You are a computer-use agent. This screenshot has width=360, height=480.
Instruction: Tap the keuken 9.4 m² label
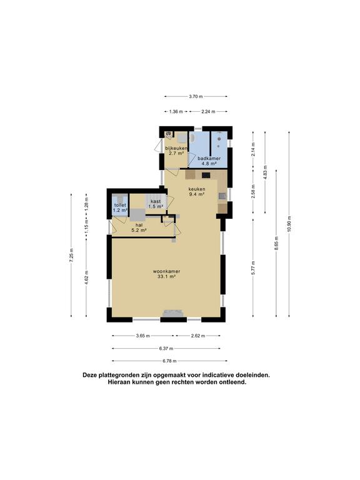click(197, 192)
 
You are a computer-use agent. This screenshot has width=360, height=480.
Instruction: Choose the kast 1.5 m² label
click(156, 204)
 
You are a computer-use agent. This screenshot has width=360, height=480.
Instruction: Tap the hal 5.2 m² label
click(139, 227)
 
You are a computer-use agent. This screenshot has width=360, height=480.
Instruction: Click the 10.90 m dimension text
click(289, 224)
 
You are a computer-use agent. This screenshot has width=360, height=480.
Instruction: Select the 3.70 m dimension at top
click(196, 96)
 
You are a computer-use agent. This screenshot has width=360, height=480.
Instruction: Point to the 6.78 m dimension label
click(169, 361)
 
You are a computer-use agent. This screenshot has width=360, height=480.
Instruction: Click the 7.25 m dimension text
click(71, 255)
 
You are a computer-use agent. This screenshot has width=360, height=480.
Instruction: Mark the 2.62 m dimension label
click(197, 336)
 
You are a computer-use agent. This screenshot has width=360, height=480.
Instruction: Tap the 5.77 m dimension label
click(253, 268)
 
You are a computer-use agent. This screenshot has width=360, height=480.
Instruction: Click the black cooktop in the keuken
click(206, 176)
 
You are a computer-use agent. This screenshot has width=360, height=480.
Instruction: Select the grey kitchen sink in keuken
click(222, 196)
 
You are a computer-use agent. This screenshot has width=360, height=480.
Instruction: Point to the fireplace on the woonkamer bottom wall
click(173, 314)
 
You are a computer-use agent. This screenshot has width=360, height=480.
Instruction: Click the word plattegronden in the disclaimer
click(119, 375)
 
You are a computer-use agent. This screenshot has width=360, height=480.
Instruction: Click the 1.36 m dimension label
click(176, 112)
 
